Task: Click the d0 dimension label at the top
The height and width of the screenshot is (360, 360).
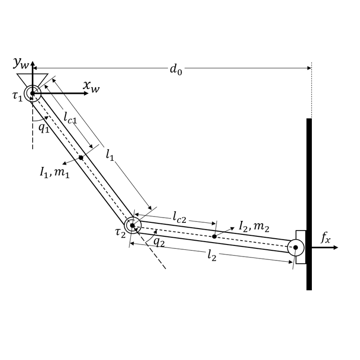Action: [x=176, y=69]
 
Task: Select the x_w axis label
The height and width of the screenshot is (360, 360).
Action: [x=91, y=86]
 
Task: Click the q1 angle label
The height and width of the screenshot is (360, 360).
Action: [x=44, y=129]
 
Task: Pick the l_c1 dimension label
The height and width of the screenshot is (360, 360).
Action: [x=70, y=117]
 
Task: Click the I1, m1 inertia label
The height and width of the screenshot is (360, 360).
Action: [x=54, y=172]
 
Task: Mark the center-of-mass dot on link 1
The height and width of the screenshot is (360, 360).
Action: [x=81, y=157]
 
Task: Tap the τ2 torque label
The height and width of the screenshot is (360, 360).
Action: [x=120, y=232]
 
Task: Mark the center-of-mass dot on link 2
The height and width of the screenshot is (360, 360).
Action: [x=214, y=236]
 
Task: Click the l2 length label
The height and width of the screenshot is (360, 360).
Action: [x=212, y=256]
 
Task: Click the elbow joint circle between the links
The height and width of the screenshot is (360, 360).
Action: [x=132, y=225]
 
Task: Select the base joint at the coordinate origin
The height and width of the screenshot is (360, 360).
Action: [x=32, y=93]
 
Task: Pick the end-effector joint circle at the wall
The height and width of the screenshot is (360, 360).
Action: [x=296, y=247]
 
